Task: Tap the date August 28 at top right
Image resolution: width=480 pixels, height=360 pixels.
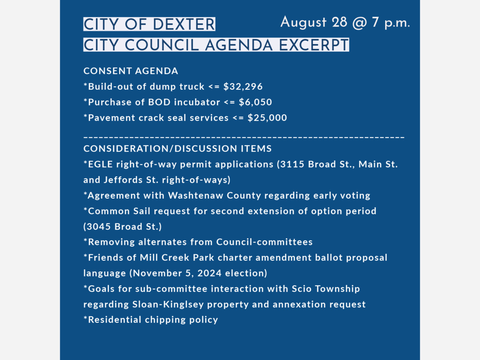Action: pyautogui.click(x=314, y=22)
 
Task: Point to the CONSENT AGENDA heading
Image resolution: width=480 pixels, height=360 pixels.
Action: pyautogui.click(x=131, y=71)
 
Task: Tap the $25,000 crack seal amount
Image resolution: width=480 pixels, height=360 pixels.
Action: pyautogui.click(x=267, y=118)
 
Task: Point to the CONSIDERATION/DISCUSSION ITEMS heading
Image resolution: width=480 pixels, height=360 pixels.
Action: pyautogui.click(x=178, y=149)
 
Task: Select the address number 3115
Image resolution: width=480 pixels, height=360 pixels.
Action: pyautogui.click(x=294, y=164)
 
